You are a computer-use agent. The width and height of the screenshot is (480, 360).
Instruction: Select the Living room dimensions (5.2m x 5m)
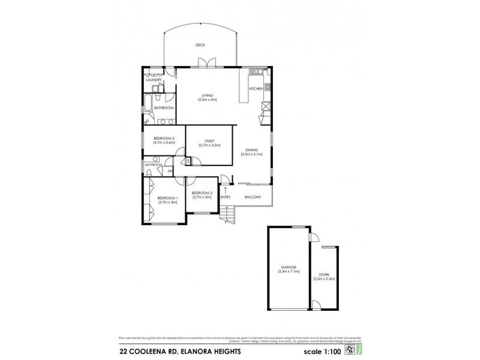click(207, 100)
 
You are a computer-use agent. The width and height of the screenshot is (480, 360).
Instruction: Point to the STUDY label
click(209, 141)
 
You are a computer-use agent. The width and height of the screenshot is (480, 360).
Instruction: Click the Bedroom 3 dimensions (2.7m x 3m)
click(202, 197)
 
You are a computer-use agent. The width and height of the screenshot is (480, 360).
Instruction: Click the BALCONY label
click(253, 197)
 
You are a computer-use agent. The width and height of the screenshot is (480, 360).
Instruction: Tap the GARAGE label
click(287, 267)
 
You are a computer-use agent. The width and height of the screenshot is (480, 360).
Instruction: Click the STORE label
click(324, 274)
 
